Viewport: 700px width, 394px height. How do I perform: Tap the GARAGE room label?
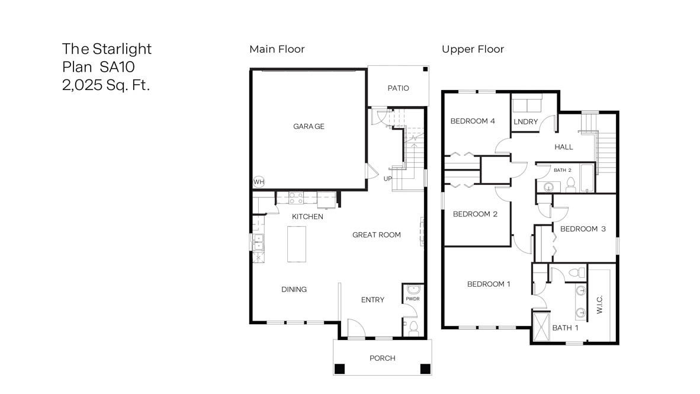click(x=309, y=126)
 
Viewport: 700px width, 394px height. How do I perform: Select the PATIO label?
click(x=398, y=88)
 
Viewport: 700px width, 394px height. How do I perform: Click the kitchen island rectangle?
click(x=298, y=244)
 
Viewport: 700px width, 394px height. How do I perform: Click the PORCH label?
click(x=382, y=358)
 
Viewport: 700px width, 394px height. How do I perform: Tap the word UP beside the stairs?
click(x=388, y=178)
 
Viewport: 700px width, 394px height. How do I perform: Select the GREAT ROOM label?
click(x=376, y=235)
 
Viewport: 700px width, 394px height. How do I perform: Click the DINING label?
click(x=294, y=289)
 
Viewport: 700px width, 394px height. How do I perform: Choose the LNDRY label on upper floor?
click(x=526, y=122)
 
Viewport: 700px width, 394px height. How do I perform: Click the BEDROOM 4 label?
click(x=473, y=121)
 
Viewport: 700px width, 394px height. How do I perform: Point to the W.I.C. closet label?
click(x=599, y=304)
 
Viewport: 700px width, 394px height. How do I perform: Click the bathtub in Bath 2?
click(x=586, y=178)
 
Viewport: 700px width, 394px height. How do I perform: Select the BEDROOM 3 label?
click(x=583, y=229)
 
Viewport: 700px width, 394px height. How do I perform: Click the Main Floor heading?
click(x=277, y=49)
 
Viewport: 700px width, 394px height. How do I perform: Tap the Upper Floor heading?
click(x=473, y=49)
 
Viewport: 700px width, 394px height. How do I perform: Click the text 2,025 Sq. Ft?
click(x=106, y=85)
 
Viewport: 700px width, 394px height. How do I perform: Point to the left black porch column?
click(x=339, y=369)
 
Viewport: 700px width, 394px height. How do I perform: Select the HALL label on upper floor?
click(x=564, y=147)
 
